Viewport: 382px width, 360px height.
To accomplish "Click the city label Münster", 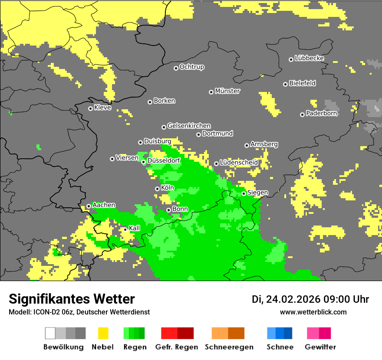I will pyautogui.click(x=227, y=91).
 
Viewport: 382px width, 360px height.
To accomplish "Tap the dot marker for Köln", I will pyautogui.click(x=157, y=189).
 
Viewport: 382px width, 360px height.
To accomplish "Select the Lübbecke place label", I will pyautogui.click(x=310, y=58).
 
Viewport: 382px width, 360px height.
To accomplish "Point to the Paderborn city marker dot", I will pyautogui.click(x=302, y=115).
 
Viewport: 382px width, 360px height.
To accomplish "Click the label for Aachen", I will pyautogui.click(x=104, y=205).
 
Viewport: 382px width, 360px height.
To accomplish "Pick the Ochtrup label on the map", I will pyautogui.click(x=192, y=67).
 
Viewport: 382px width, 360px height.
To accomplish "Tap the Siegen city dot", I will pyautogui.click(x=244, y=193).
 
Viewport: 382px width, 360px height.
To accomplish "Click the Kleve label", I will pyautogui.click(x=102, y=108).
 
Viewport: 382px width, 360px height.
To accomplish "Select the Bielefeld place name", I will pyautogui.click(x=303, y=83).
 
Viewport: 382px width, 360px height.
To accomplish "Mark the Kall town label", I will pyautogui.click(x=135, y=228).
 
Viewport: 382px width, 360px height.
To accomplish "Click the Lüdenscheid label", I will pyautogui.click(x=239, y=163).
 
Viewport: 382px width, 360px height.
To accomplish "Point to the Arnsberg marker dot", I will pyautogui.click(x=247, y=145).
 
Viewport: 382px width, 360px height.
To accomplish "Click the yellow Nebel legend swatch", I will pyautogui.click(x=103, y=333).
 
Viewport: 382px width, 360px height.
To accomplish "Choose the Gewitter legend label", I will pyautogui.click(x=320, y=347).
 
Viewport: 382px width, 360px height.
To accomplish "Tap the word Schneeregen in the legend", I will pyautogui.click(x=229, y=347).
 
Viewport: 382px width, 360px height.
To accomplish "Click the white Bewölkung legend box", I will pyautogui.click(x=50, y=333).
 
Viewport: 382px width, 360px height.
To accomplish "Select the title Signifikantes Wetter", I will pyautogui.click(x=72, y=299).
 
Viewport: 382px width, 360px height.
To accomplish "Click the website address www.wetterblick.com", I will pyautogui.click(x=313, y=312).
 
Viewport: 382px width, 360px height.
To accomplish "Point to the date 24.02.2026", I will pyautogui.click(x=293, y=299).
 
